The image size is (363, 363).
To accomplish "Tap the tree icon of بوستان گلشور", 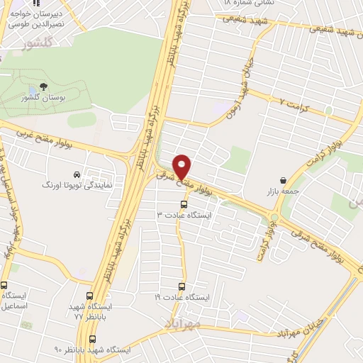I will tap(43, 86).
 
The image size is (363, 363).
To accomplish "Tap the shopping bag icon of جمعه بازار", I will tap(284, 180).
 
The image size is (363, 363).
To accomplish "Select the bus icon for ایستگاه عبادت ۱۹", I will tap(182, 287).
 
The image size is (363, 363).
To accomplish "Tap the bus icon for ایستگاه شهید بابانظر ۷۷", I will tap(89, 296).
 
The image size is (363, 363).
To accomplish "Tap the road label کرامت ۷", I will tap(296, 104).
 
